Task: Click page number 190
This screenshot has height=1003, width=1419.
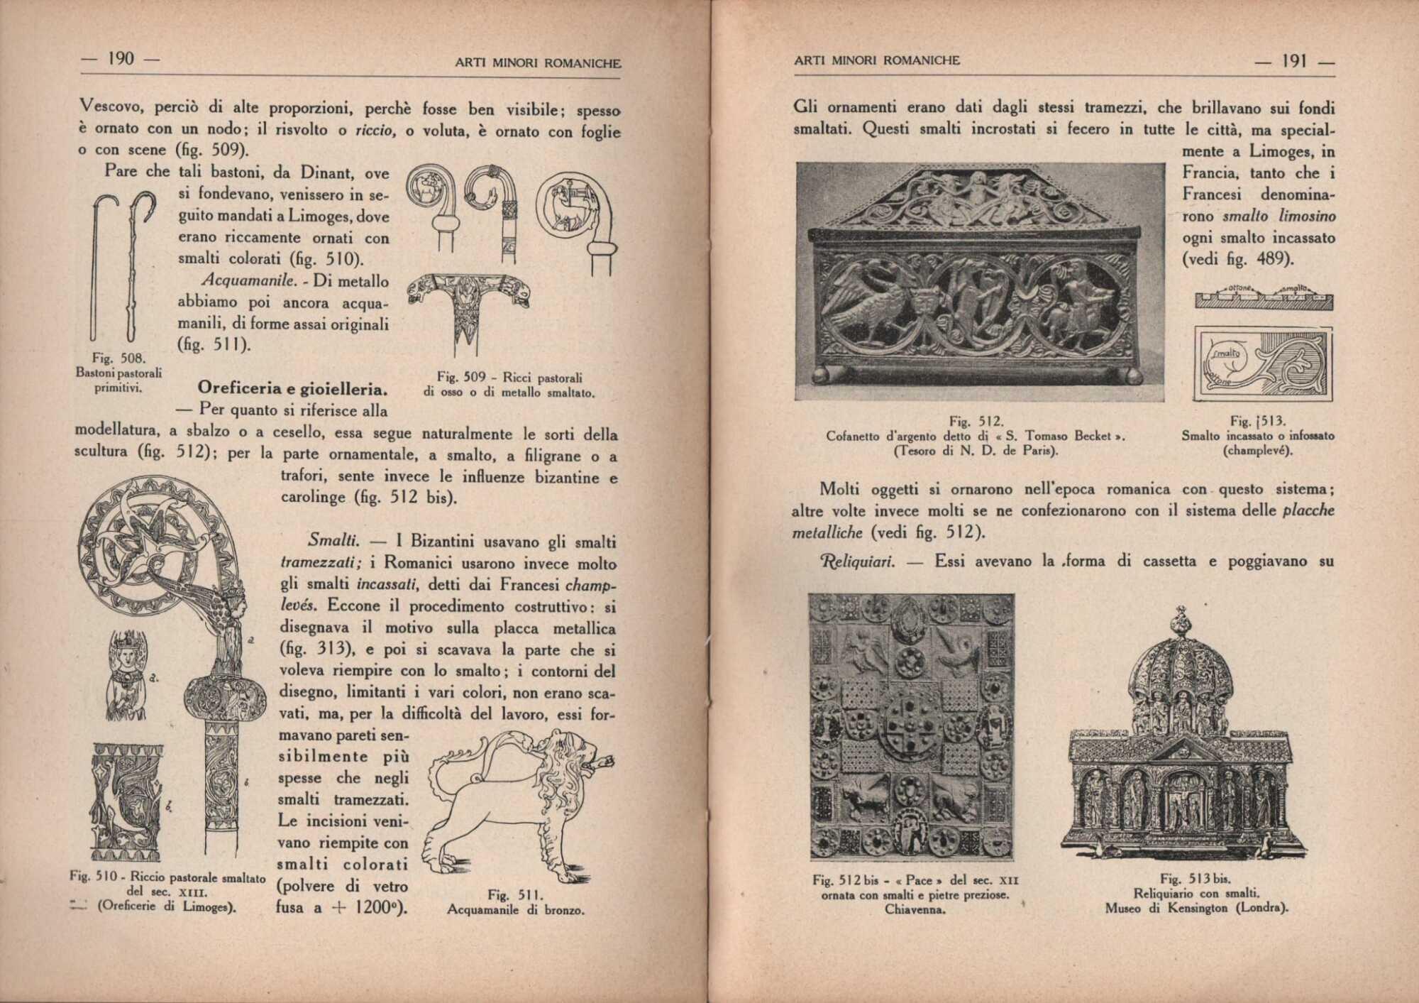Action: coord(121,59)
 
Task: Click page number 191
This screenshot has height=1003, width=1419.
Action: coord(1295,61)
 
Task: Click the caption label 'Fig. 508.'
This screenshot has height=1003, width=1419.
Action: coord(118,358)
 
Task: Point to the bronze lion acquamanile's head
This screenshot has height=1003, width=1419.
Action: coord(568,756)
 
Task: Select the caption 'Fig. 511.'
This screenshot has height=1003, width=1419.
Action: coord(515,894)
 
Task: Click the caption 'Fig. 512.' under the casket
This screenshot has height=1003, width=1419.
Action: coord(976,422)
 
